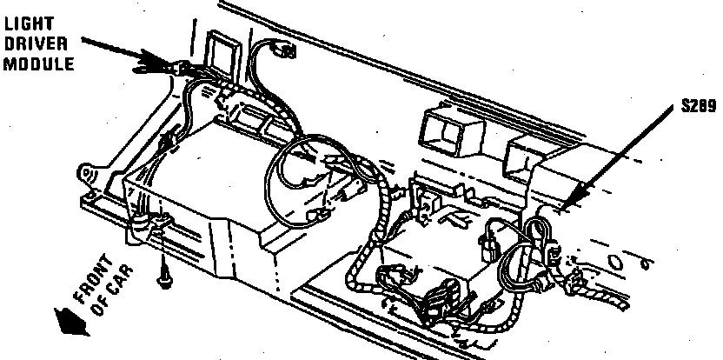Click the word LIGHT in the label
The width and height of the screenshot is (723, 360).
pos(25,16)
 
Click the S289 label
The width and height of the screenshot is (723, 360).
pos(697,108)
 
